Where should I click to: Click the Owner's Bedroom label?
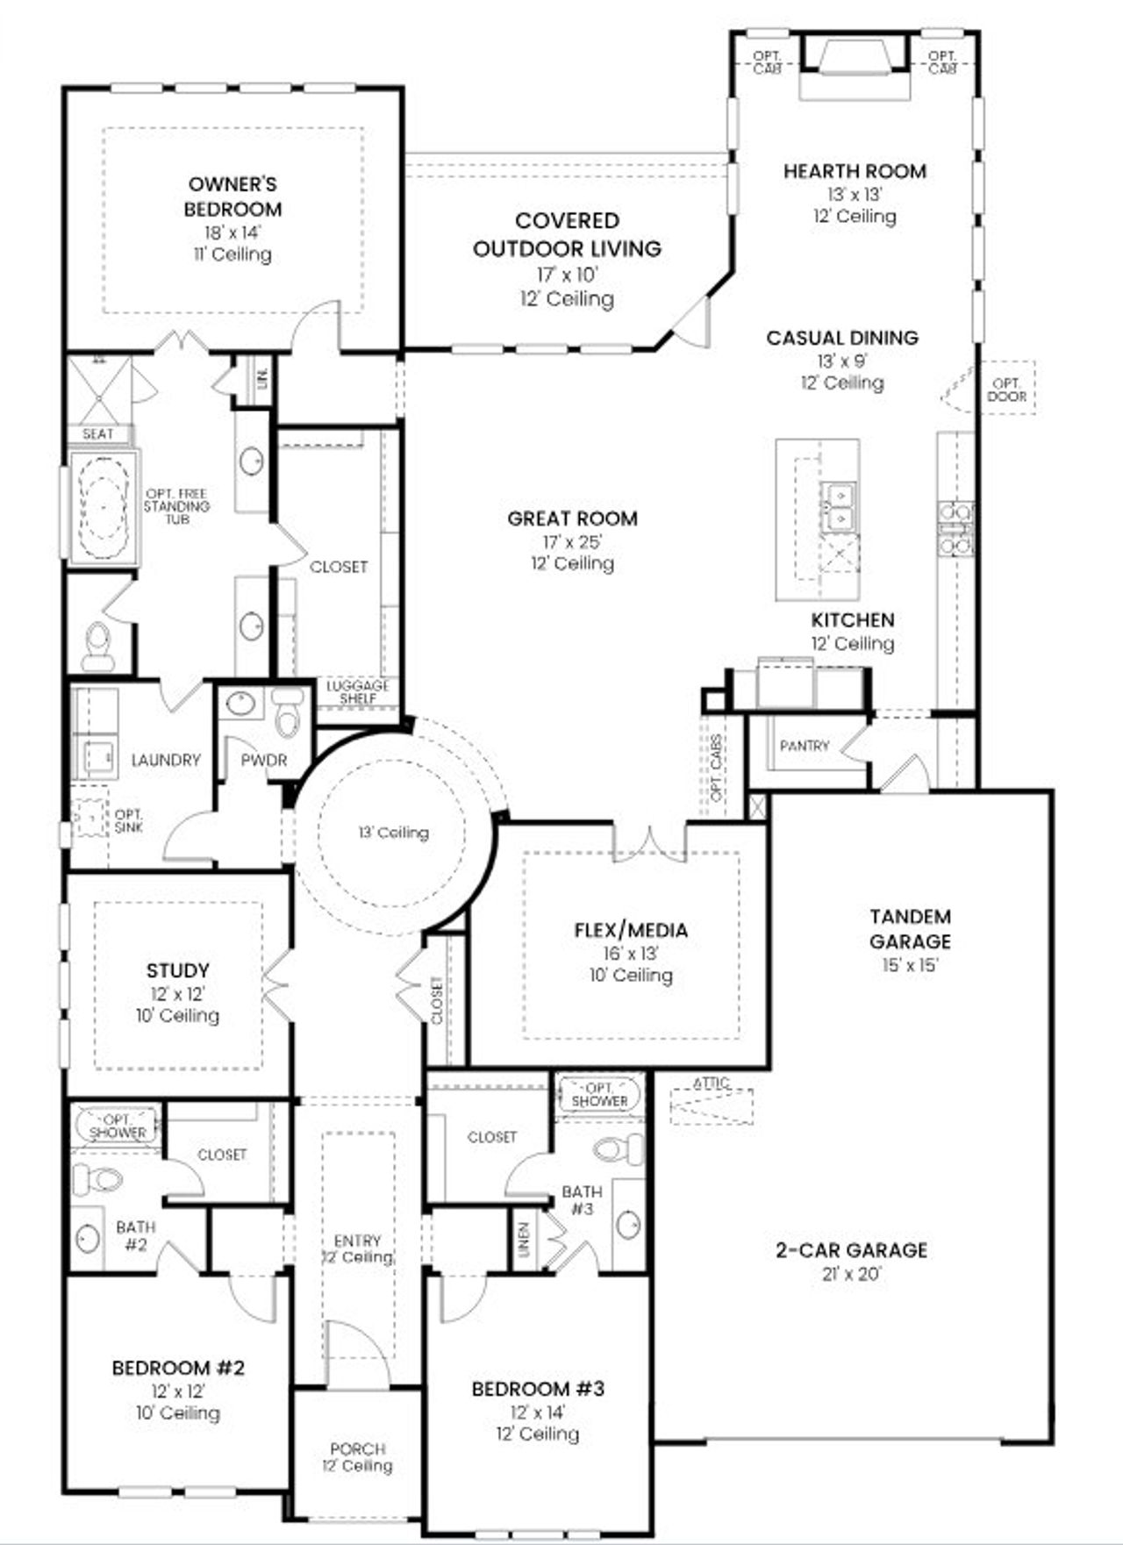(x=232, y=197)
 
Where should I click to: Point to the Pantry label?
(x=804, y=746)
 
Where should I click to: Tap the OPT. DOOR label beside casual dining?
(x=1006, y=390)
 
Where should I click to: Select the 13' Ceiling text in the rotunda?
(x=393, y=833)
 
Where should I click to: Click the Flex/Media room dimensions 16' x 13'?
(x=630, y=953)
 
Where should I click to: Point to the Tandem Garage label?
(x=910, y=929)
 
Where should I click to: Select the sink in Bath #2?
(x=88, y=1238)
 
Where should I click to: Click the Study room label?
(x=177, y=970)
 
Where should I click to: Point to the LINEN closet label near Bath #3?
(x=524, y=1240)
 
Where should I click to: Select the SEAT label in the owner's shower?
(x=98, y=434)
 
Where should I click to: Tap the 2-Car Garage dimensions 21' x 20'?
(x=850, y=1274)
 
